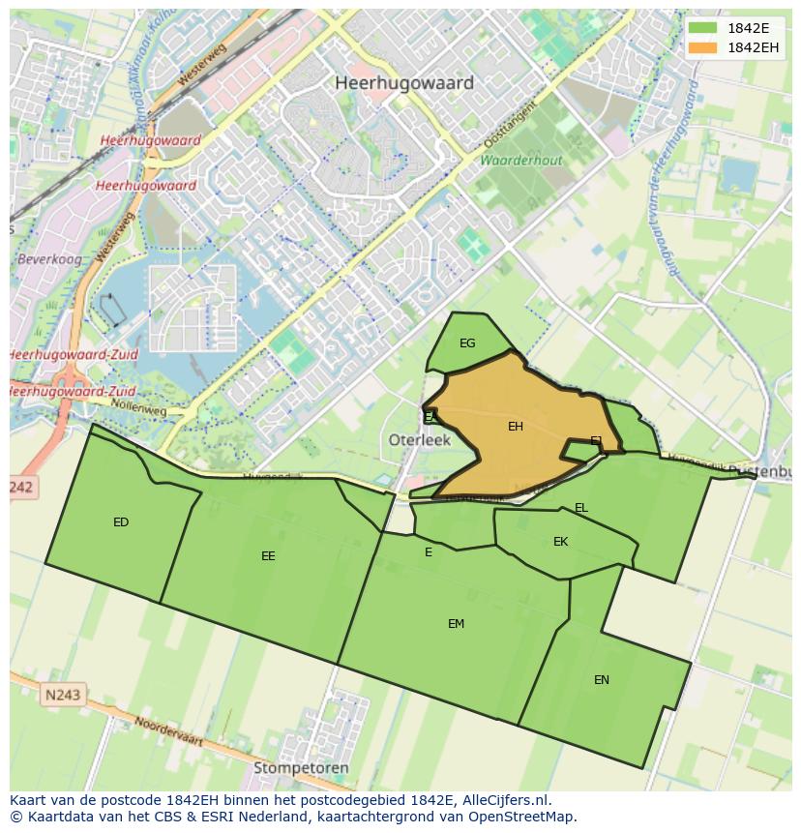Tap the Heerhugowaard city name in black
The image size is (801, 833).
click(404, 83)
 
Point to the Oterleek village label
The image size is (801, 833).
click(420, 439)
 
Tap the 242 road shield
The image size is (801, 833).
click(21, 488)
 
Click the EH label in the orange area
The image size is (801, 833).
click(516, 427)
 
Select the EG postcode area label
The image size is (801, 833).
click(467, 343)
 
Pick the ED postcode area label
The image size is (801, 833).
click(121, 522)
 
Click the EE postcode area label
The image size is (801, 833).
click(268, 556)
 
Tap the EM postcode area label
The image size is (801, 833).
click(456, 624)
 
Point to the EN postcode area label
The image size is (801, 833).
click(602, 680)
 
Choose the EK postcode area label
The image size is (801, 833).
click(561, 542)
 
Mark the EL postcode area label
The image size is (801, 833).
click(581, 508)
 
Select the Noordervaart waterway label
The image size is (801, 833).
click(168, 730)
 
